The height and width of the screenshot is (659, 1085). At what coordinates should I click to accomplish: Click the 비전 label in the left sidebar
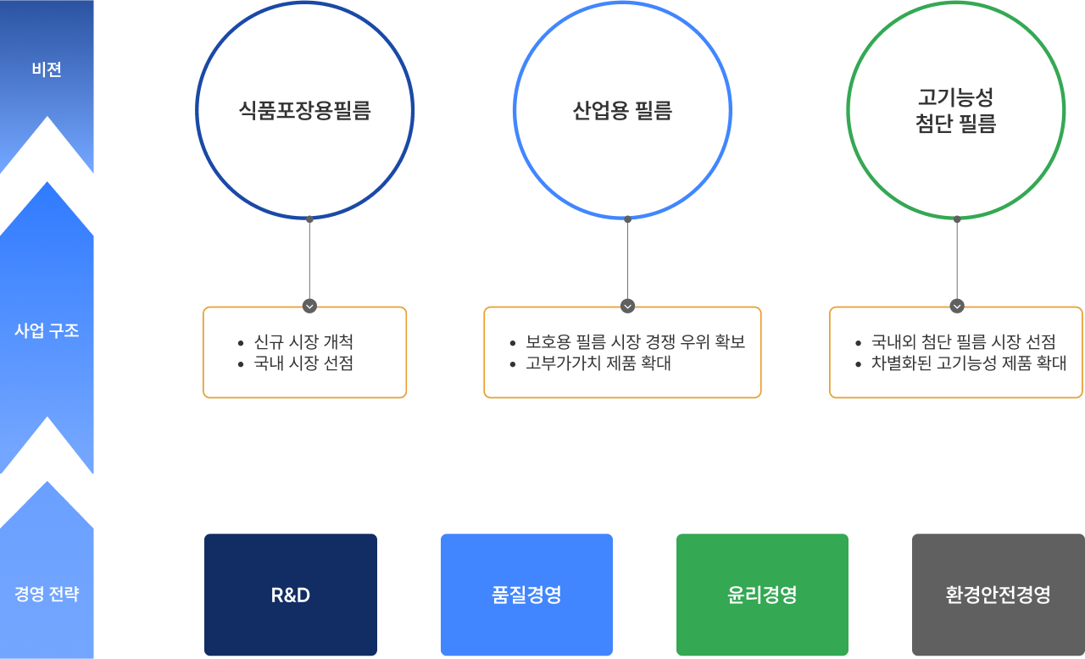click(47, 70)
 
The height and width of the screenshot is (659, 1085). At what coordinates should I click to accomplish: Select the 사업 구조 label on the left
click(47, 330)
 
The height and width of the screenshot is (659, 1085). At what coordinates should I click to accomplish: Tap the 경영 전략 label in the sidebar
click(47, 594)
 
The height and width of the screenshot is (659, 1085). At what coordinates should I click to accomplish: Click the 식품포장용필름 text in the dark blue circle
click(305, 111)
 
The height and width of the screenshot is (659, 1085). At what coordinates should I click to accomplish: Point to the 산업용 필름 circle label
click(622, 111)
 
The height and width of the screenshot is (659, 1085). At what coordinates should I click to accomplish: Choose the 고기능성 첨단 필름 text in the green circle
click(955, 111)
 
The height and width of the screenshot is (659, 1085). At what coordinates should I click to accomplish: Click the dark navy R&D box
click(291, 595)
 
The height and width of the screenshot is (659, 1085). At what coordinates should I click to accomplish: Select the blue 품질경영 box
click(526, 595)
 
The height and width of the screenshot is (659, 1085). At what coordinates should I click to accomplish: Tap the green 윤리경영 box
click(762, 595)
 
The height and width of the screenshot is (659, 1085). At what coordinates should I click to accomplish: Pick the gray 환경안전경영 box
click(998, 595)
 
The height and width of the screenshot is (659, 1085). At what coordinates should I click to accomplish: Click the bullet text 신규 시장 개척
click(303, 342)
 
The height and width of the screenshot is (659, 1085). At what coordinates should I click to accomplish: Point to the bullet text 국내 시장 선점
click(303, 363)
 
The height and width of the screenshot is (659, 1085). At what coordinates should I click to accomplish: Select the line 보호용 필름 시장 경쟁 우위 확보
click(635, 342)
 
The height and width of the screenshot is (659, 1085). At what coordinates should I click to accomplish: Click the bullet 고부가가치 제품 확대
click(598, 363)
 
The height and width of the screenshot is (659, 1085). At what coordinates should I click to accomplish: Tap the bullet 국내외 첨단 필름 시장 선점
click(963, 342)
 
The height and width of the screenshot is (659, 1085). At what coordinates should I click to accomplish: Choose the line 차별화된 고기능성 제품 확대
click(968, 363)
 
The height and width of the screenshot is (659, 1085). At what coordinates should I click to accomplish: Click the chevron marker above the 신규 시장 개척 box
click(309, 306)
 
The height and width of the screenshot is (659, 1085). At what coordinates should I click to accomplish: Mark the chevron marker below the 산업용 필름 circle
click(627, 306)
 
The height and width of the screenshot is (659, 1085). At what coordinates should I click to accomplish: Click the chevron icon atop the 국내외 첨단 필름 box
click(957, 306)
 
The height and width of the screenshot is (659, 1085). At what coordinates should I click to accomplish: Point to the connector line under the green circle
click(957, 258)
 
